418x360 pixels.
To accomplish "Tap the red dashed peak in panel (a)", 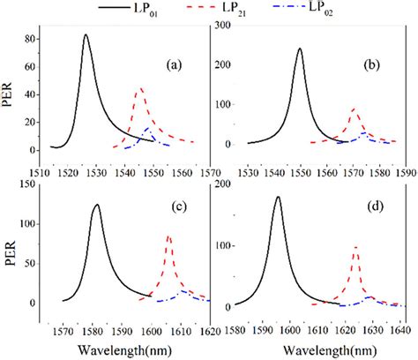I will [139, 89].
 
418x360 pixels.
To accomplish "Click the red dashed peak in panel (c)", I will [168, 236].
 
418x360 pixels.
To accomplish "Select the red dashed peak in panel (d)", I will [355, 247].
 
